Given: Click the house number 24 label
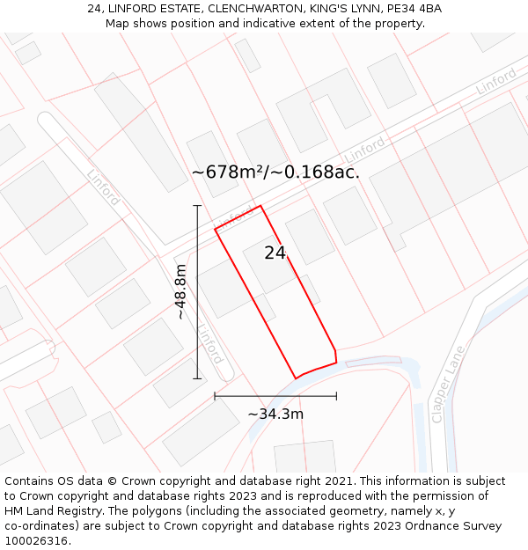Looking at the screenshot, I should (275, 253).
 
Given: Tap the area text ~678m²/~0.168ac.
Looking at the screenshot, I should (275, 172).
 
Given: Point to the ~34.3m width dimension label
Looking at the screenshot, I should (275, 414).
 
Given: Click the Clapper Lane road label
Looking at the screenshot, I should (447, 385).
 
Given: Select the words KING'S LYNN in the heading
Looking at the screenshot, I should (343, 9).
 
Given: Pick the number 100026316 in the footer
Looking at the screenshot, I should (35, 541).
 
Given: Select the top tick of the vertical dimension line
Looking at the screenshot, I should (197, 206).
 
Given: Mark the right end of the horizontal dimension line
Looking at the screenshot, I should (336, 396).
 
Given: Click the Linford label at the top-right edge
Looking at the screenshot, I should (496, 82).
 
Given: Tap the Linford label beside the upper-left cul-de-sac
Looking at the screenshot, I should (104, 187).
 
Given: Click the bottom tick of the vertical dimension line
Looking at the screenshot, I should (197, 378).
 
